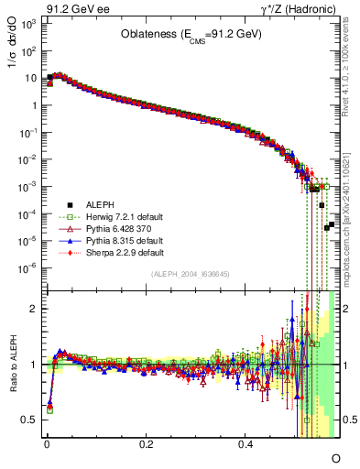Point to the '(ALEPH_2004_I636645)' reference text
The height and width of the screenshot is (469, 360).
coord(191,274)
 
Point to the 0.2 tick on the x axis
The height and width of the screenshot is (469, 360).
coord(147,442)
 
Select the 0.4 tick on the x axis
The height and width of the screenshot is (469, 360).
coord(245,442)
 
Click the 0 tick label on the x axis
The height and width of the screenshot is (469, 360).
coord(47,442)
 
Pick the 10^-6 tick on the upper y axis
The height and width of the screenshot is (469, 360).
coord(30,267)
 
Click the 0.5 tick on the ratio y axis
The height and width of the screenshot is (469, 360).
coord(30,420)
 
